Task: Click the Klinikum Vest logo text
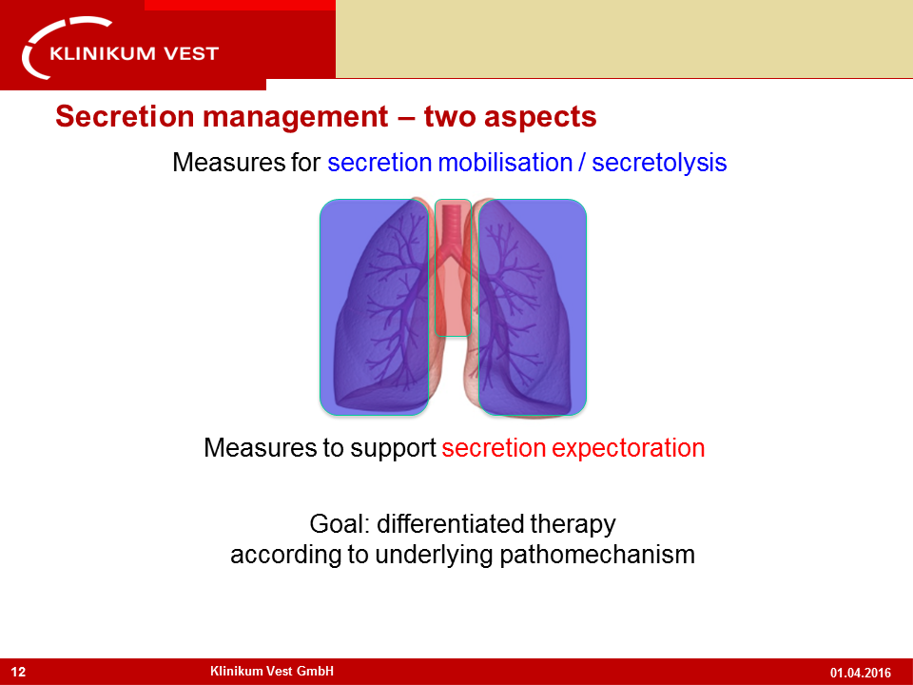(x=134, y=53)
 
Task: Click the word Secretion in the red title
(x=124, y=116)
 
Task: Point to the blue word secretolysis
(x=659, y=163)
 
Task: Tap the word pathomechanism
(x=597, y=555)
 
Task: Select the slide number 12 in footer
(x=19, y=673)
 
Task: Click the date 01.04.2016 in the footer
(x=861, y=673)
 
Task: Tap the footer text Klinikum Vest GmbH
(x=272, y=671)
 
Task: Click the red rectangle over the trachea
(x=453, y=267)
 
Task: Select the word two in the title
(x=450, y=116)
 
